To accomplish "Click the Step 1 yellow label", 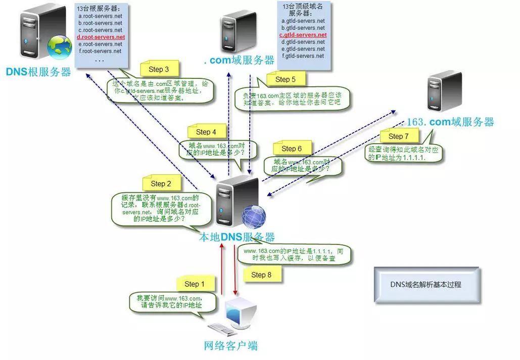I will pyautogui.click(x=195, y=284).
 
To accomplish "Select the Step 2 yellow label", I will pyautogui.click(x=161, y=184).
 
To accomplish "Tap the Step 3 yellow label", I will pyautogui.click(x=159, y=69).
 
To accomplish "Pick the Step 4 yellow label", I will pyautogui.click(x=206, y=132).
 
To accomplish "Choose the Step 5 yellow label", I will pyautogui.click(x=285, y=79).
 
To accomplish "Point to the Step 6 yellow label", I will pyautogui.click(x=291, y=148).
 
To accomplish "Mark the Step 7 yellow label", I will pyautogui.click(x=398, y=136).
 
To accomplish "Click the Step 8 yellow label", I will pyautogui.click(x=261, y=275).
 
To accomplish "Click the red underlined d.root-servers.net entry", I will pyautogui.click(x=101, y=37).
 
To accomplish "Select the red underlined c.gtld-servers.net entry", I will pyautogui.click(x=303, y=35).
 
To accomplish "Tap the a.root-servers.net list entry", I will pyautogui.click(x=100, y=16).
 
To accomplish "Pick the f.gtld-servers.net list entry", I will pyautogui.click(x=303, y=56).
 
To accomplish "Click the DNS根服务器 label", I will pyautogui.click(x=38, y=72).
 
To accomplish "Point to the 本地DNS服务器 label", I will pyautogui.click(x=237, y=237).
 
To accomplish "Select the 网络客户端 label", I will pyautogui.click(x=230, y=346).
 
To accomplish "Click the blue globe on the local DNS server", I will pyautogui.click(x=254, y=217).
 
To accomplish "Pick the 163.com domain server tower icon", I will pyautogui.click(x=444, y=91).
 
